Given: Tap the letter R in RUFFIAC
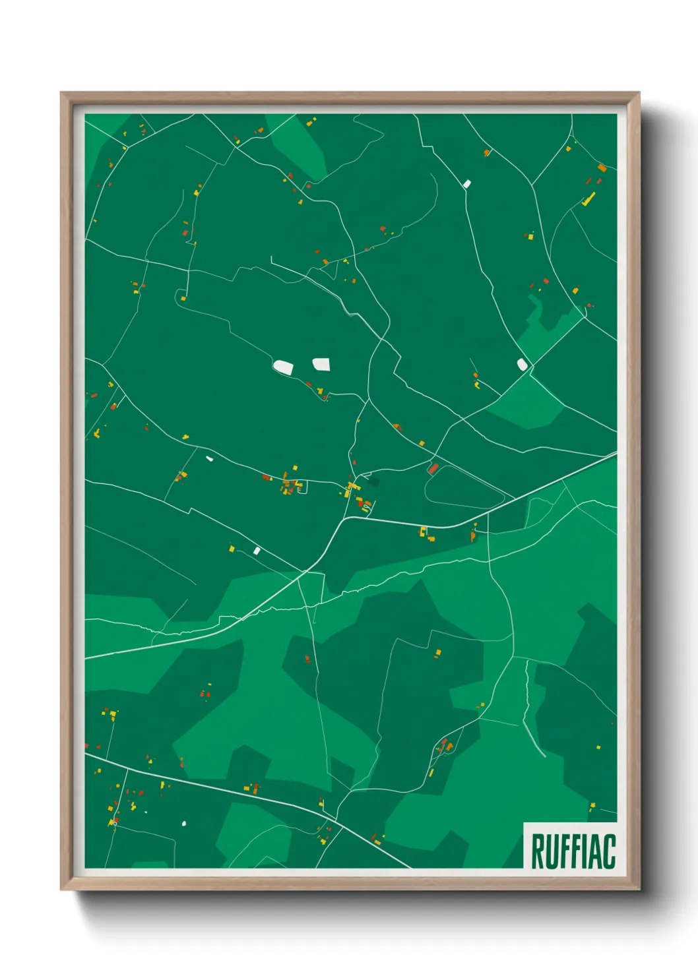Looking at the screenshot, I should coord(537,851).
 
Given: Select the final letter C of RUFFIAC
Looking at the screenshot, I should coord(609,851).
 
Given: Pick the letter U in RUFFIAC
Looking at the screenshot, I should coord(550,851).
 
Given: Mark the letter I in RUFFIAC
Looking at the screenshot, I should coord(584,851).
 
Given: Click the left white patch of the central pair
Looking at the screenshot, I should coord(283,367).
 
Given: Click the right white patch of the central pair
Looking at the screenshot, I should coord(321,364).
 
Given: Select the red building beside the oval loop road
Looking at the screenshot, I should coord(433,469).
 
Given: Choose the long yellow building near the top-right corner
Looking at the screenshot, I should coord(588,198).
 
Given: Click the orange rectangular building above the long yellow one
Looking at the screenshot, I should coord(602,168).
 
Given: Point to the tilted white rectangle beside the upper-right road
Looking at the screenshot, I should coord(467,183).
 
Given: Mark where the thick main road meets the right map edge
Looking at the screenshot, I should coord(616,454).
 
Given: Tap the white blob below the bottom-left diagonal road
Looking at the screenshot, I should coord(184,823).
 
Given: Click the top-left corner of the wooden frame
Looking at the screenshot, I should coord(61,93).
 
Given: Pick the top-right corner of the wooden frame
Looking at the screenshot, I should coord(639,93).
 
